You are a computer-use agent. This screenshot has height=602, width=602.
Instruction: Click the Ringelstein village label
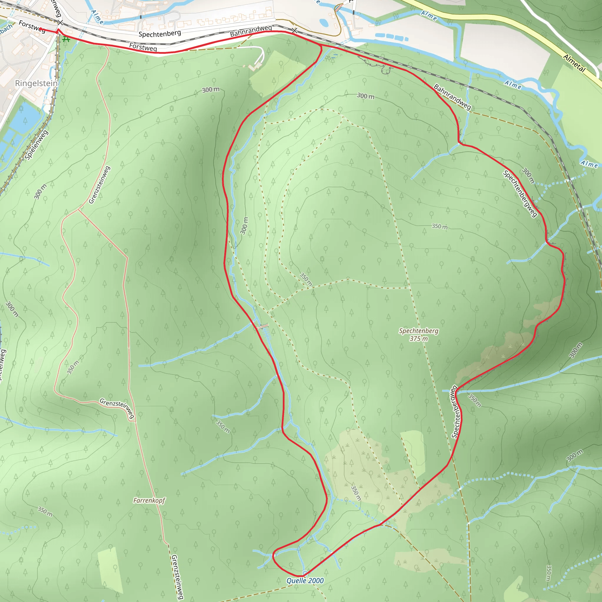[x=36, y=83]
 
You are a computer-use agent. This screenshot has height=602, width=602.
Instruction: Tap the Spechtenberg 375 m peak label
[x=419, y=335]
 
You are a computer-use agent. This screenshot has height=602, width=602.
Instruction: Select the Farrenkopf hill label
[x=149, y=500]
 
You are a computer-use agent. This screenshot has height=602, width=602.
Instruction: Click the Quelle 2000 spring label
[x=305, y=581]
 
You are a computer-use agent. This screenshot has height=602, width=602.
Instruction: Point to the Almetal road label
[x=574, y=63]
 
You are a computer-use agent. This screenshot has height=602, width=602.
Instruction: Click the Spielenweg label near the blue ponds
[x=36, y=145]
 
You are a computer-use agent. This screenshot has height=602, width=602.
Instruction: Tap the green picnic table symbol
[x=66, y=40]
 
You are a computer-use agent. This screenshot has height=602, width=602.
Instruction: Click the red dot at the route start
[x=41, y=29]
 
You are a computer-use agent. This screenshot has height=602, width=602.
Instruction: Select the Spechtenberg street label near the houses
[x=160, y=34]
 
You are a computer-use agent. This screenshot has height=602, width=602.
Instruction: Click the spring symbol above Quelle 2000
[x=305, y=573]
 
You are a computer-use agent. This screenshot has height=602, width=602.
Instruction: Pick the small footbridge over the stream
[x=263, y=326]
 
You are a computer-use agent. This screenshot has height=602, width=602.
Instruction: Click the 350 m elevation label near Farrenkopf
[x=45, y=511]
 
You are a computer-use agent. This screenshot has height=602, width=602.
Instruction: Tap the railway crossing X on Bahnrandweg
[x=295, y=31]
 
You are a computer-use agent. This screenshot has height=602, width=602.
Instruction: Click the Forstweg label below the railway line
[x=143, y=47]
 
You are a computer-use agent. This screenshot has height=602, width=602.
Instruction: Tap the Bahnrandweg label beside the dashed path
[x=452, y=97]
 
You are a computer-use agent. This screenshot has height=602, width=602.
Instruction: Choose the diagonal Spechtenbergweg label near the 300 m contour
[x=520, y=193]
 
